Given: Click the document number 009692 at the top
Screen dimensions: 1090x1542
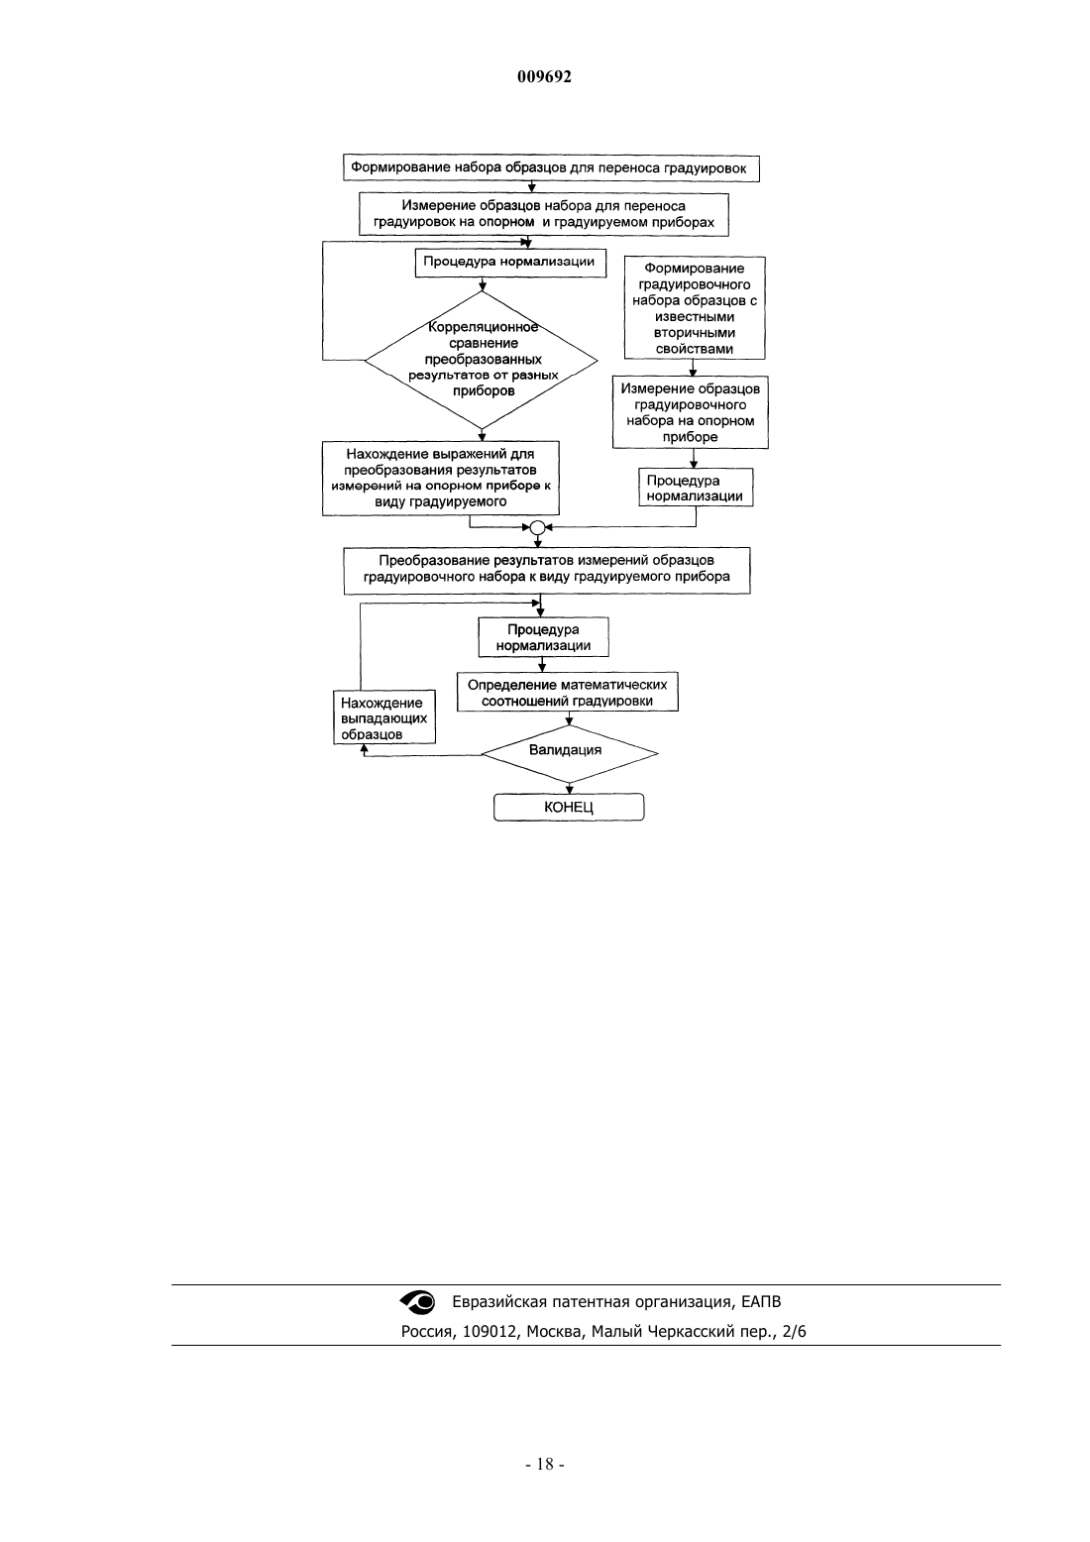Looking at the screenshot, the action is click(x=544, y=76).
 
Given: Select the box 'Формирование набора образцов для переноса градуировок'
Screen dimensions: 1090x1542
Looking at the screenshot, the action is click(x=551, y=167).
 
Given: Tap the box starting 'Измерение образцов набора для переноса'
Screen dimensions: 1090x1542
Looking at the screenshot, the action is click(x=544, y=214).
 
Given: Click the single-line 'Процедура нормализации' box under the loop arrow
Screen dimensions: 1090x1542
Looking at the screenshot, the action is click(x=510, y=263).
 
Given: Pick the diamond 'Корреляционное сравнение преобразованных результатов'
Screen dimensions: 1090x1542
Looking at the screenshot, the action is click(x=482, y=360).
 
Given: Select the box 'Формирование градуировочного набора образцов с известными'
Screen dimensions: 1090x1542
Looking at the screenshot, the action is click(x=695, y=308).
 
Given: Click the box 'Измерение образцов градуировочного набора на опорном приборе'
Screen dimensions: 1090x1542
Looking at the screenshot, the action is click(x=691, y=412).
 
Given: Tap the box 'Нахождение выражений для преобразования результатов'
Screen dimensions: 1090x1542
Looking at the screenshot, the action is click(x=440, y=478).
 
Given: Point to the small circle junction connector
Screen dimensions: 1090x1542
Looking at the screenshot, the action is click(x=537, y=527).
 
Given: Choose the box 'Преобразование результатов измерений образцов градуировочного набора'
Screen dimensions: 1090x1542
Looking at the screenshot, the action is click(x=547, y=570).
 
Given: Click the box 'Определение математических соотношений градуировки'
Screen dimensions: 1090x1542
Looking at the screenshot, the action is click(x=568, y=692).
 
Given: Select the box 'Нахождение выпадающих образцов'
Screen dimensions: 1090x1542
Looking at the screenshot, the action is click(x=384, y=717).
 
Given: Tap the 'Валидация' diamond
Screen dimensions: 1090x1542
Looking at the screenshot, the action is click(x=569, y=753).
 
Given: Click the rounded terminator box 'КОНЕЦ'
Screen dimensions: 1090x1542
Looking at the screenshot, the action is click(x=569, y=807).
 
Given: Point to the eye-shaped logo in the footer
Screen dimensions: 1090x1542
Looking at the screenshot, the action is click(x=418, y=1302).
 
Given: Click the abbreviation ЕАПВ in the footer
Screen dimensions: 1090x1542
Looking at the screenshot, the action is click(x=762, y=1302).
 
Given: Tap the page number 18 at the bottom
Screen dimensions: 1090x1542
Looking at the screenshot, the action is click(x=545, y=1465).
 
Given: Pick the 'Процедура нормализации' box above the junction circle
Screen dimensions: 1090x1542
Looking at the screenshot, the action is click(x=696, y=489).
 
